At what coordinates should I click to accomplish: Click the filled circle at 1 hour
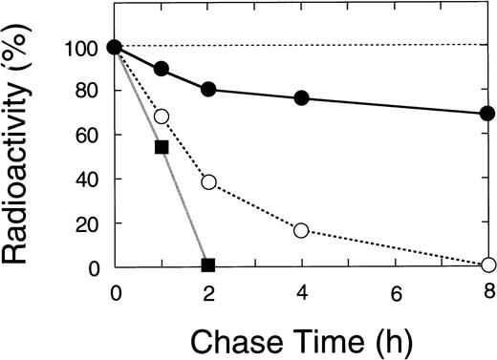pos(162,69)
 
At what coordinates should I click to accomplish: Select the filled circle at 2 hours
pos(208,90)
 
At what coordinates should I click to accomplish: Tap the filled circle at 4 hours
pos(301,98)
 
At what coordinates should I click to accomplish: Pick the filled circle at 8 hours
pos(487,114)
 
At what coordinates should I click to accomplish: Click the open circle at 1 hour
pos(162,116)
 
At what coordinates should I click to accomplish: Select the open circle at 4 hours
pos(301,230)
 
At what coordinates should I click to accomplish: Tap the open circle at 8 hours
pos(487,265)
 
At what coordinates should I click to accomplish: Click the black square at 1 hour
pos(162,147)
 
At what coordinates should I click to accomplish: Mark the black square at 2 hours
pos(208,265)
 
